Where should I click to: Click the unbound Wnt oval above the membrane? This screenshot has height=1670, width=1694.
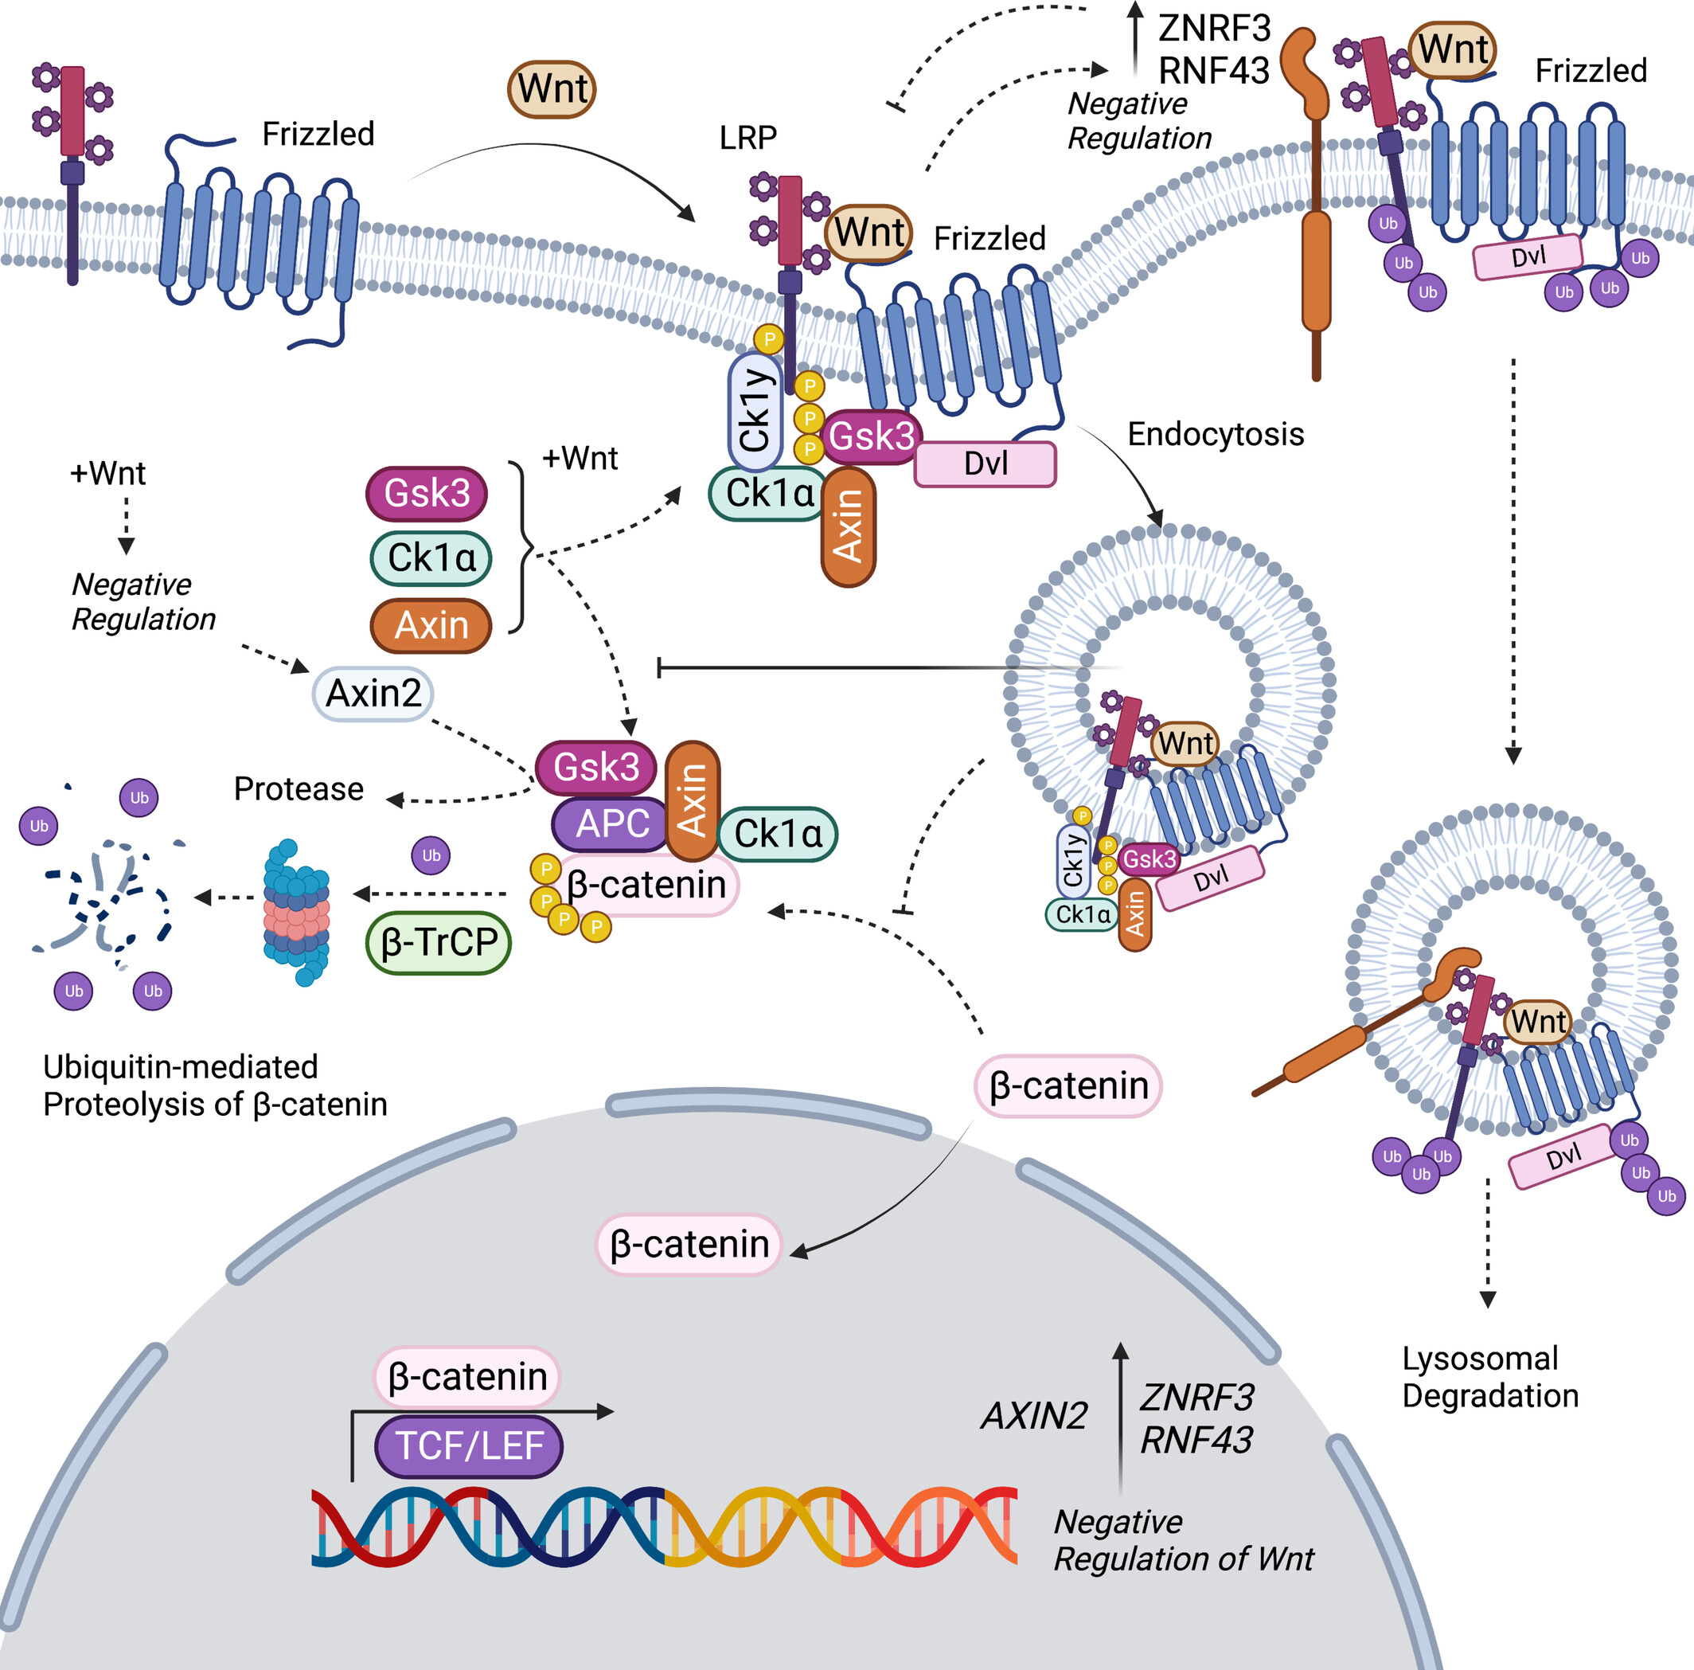552,89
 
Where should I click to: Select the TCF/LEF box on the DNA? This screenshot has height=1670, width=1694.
469,1445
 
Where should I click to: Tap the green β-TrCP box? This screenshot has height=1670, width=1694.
439,942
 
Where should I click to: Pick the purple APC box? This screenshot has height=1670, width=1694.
612,823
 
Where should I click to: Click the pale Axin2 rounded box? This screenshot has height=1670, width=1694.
373,694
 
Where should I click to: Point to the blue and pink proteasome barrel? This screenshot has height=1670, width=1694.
297,912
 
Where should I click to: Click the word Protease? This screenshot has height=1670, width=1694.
298,788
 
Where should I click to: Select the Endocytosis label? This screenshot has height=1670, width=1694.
1216,434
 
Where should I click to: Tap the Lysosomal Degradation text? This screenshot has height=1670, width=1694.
1489,1376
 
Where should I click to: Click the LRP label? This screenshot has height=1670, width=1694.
748,138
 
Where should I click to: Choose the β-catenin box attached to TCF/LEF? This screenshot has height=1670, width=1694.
467,1376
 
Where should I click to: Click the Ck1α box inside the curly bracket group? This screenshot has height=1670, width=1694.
431,557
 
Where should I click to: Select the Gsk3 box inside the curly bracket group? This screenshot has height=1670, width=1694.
427,493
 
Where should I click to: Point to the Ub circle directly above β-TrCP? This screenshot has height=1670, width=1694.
431,855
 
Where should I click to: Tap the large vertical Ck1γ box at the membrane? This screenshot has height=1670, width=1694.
753,409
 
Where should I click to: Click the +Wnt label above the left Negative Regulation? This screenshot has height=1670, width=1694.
107,474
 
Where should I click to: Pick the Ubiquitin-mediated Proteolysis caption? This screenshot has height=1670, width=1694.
215,1085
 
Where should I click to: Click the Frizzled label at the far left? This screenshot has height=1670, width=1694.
318,135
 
